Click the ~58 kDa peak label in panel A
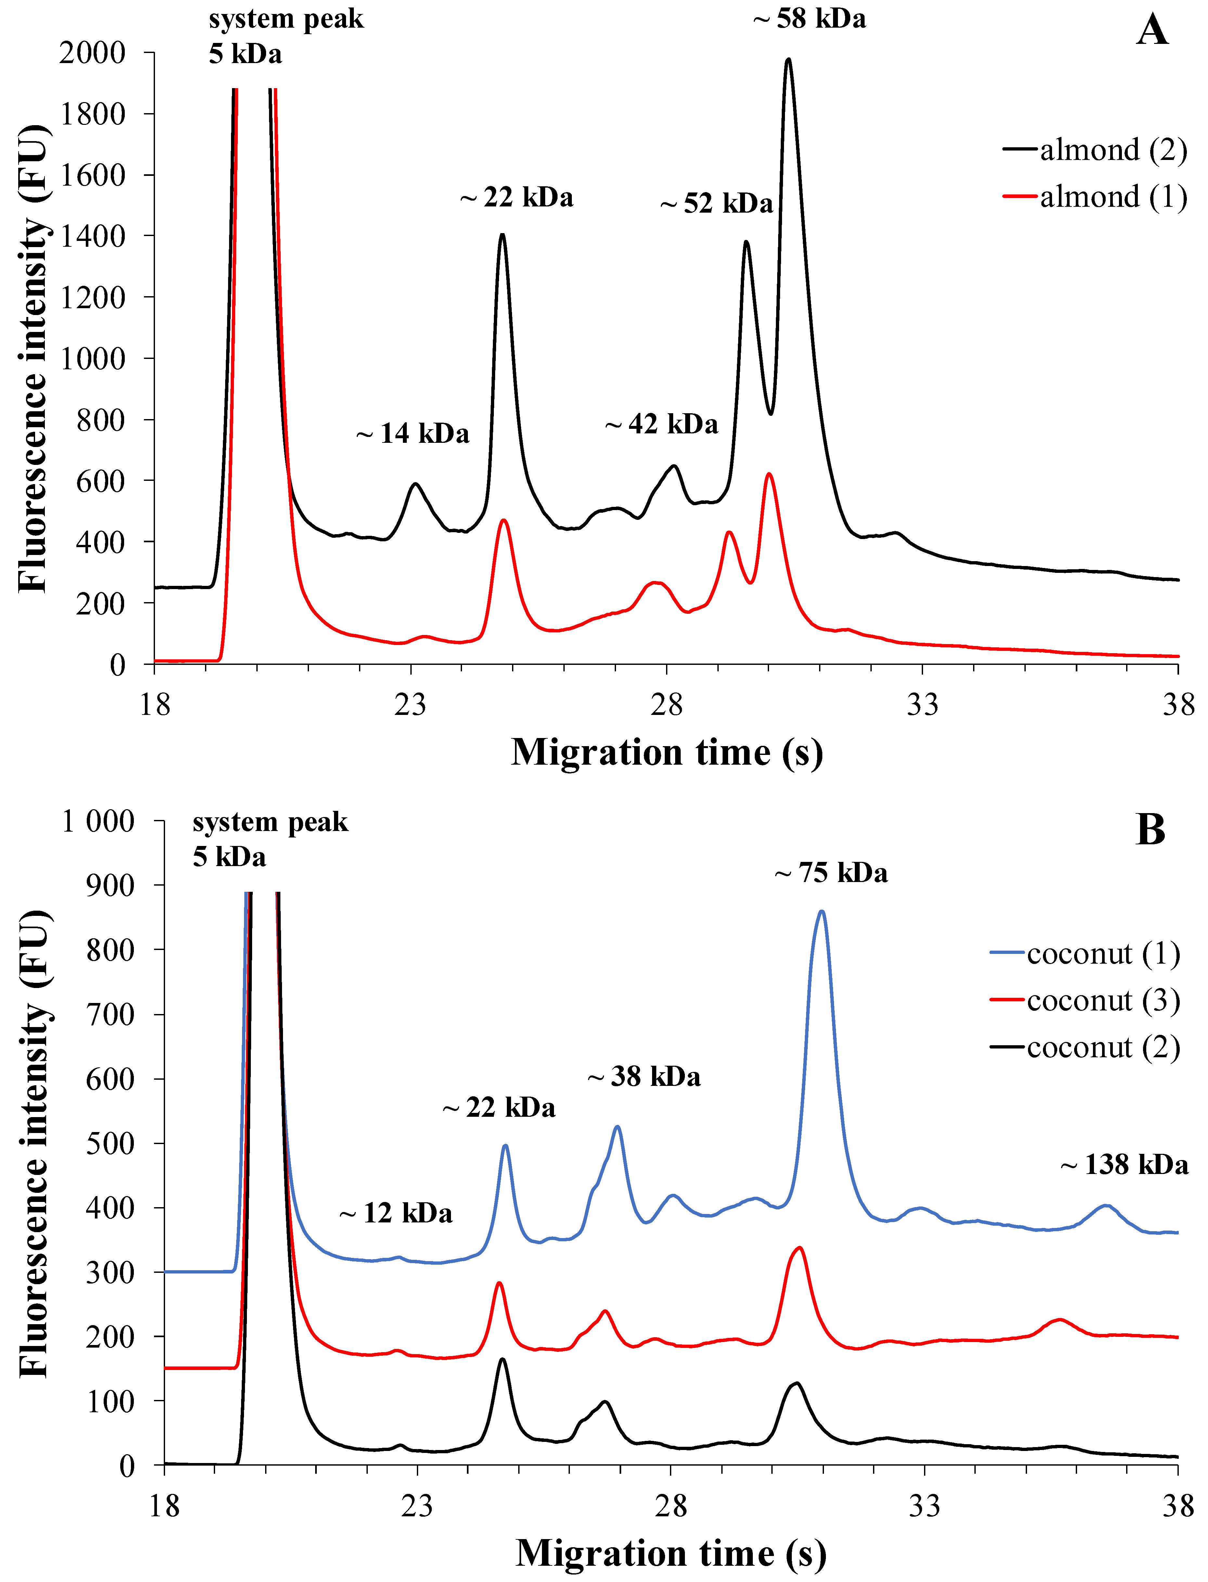click(x=810, y=19)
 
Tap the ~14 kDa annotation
click(x=413, y=434)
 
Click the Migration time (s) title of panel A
click(x=667, y=753)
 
